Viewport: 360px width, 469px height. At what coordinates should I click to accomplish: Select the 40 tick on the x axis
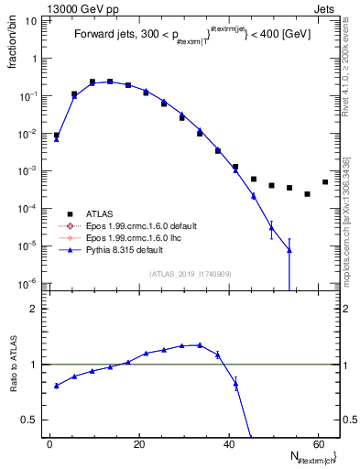tap(228, 444)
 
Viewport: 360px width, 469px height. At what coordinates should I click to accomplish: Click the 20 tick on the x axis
tap(138, 444)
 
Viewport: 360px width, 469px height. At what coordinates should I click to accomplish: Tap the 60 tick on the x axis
tap(317, 444)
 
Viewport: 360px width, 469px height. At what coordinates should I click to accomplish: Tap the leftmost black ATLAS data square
tap(57, 136)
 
